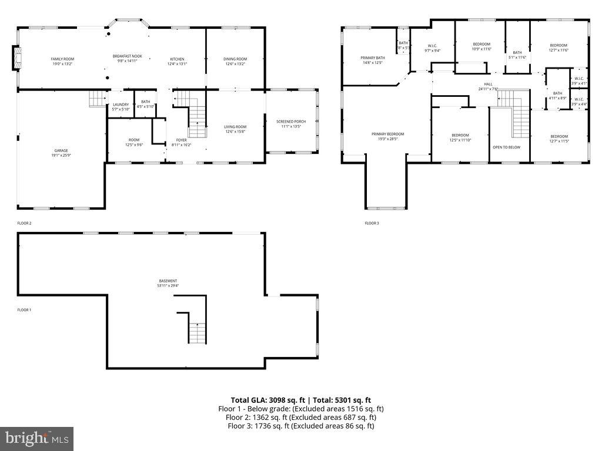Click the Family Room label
pos(62,59)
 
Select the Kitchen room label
pos(178,59)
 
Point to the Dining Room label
pos(235,59)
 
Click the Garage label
pos(61,150)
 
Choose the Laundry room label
pos(120,105)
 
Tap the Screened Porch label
pos(291,122)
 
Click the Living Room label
pos(235,127)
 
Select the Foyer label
pos(181,140)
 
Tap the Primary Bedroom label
pos(388,134)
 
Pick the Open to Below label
pos(506,147)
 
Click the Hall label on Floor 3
pos(488,84)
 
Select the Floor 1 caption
pos(24,309)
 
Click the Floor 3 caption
pos(372,223)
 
